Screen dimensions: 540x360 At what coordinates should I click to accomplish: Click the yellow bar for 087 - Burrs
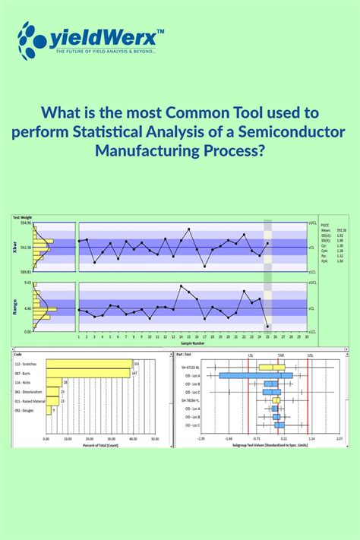[88, 373]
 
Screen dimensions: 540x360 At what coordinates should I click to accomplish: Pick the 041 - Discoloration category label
[27, 391]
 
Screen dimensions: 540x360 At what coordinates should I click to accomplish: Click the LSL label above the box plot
[251, 355]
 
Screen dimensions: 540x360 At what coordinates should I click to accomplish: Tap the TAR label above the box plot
[280, 355]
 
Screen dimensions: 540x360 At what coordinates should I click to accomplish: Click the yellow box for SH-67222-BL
[273, 367]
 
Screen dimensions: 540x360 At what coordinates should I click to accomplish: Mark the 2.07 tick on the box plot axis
[340, 438]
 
